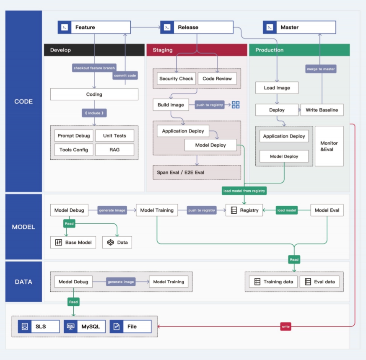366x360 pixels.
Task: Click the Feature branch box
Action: click(94, 27)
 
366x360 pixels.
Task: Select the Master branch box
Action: click(299, 27)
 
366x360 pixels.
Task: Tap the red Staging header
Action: click(197, 50)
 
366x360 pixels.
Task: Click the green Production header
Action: click(299, 50)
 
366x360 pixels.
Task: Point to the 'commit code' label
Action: click(125, 76)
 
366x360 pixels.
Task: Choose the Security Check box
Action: click(176, 78)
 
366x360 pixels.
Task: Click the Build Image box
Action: click(171, 105)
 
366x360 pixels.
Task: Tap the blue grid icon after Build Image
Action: click(236, 105)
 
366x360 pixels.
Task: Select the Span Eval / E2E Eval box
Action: click(197, 172)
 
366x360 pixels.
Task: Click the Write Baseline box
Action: click(322, 110)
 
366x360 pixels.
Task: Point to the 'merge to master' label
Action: click(321, 69)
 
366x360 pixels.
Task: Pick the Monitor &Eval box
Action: click(329, 146)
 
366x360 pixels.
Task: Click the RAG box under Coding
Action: click(114, 150)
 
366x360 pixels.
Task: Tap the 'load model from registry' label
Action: click(244, 191)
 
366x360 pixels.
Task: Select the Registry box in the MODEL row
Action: click(244, 210)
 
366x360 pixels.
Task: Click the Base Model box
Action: click(73, 242)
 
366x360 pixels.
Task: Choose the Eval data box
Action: click(319, 282)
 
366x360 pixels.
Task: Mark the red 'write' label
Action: click(286, 326)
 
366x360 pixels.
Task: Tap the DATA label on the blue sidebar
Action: click(23, 282)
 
